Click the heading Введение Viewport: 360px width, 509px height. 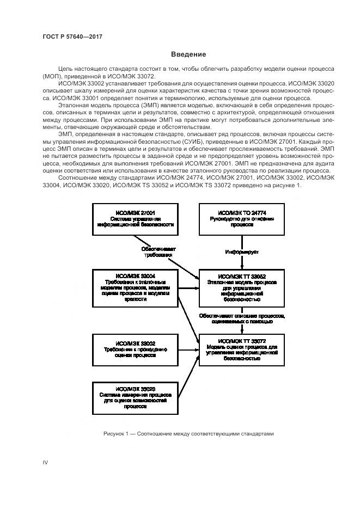point(188,54)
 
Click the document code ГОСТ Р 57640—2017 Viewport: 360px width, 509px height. point(72,36)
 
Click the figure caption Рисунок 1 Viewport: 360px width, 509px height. point(188,434)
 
